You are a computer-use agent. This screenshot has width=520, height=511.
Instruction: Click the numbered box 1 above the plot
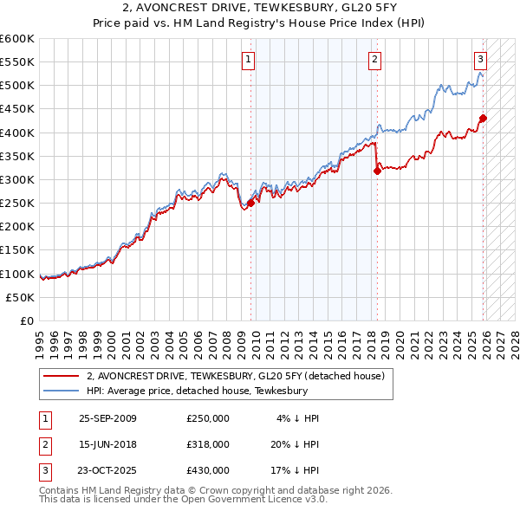point(248,60)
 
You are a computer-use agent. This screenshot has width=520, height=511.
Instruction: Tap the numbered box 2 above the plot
point(374,60)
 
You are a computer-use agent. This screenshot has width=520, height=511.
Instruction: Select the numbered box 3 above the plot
point(480,60)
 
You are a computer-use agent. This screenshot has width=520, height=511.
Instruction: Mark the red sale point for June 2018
point(377,171)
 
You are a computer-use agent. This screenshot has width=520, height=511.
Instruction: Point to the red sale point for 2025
point(484,119)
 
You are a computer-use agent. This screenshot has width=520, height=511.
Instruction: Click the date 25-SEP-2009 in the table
point(107,418)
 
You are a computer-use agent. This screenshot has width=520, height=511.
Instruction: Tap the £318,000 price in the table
point(207,444)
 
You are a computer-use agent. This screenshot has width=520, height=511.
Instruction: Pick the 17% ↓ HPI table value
point(297,470)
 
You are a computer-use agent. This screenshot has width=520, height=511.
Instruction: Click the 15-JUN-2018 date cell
point(107,444)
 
